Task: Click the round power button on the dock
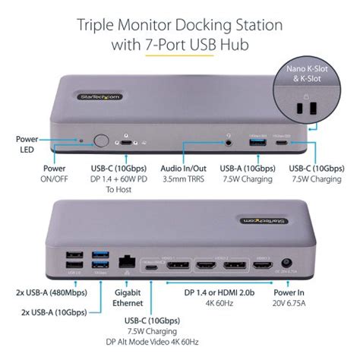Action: click(100, 141)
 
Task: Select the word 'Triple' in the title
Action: click(100, 26)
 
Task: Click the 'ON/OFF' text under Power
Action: click(55, 179)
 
